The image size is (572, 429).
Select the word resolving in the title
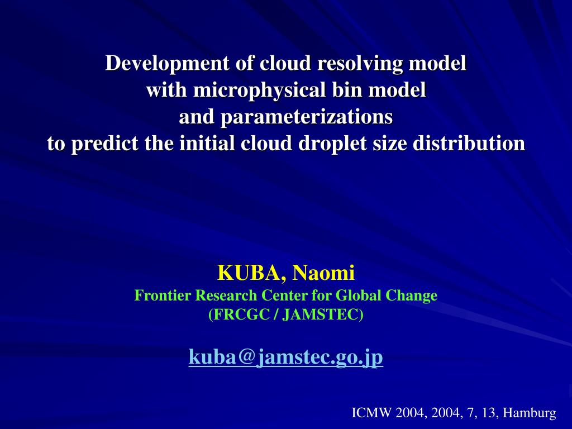360,64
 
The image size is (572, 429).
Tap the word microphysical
260,90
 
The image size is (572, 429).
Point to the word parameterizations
307,117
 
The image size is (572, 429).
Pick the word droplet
332,144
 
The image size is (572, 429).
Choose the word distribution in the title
469,143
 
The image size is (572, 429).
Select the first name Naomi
323,273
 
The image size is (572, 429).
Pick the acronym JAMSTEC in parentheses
320,314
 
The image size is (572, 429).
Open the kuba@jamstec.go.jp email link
286,357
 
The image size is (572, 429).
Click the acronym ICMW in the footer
371,413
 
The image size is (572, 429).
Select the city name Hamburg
530,413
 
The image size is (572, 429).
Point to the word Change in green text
412,296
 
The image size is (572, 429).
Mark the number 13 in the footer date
489,413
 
